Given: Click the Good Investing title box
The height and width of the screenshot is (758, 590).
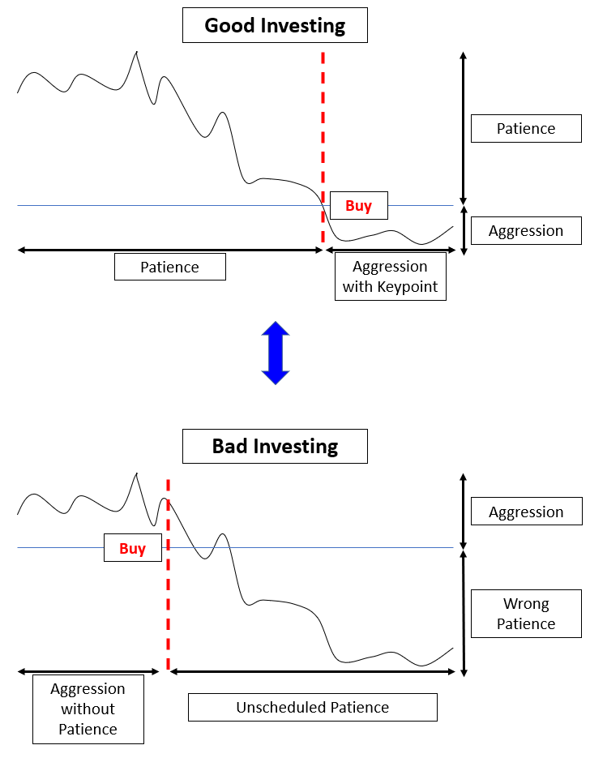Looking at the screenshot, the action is tap(275, 25).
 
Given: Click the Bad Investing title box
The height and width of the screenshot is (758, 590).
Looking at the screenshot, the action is tap(275, 446).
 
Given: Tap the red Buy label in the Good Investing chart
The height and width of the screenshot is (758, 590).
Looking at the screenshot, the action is tap(358, 205).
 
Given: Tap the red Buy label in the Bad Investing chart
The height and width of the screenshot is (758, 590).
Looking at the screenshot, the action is tap(132, 548).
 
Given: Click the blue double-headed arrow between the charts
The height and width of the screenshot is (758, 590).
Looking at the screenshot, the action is tap(276, 353).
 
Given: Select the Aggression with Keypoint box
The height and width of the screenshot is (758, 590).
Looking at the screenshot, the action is tap(391, 276).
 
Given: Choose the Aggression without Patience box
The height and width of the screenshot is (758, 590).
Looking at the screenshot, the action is tap(88, 709).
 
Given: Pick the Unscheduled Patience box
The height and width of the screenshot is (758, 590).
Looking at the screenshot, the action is tap(313, 707).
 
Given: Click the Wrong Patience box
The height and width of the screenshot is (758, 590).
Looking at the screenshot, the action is tap(526, 614).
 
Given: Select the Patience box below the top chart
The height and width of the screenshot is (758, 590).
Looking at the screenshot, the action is tap(170, 267).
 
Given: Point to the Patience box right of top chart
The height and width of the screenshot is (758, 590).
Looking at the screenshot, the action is tap(526, 129).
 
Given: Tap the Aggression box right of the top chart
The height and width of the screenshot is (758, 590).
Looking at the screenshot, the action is tap(526, 230).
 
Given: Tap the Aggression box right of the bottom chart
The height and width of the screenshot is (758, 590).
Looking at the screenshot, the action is tap(527, 512).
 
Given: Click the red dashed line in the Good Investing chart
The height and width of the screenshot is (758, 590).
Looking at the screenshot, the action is tap(323, 148).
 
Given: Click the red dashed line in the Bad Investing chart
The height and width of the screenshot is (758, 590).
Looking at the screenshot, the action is tap(168, 574).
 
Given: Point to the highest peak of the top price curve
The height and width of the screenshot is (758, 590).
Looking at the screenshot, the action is tap(137, 51).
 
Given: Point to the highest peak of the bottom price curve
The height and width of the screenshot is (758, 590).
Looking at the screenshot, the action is tap(137, 473).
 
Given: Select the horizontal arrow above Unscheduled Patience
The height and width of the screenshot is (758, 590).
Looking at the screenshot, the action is tap(313, 671).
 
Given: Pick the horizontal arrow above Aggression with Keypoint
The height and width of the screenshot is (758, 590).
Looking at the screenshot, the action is tap(391, 250).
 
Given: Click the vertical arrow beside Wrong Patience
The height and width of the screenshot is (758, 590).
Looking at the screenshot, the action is tap(464, 614).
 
